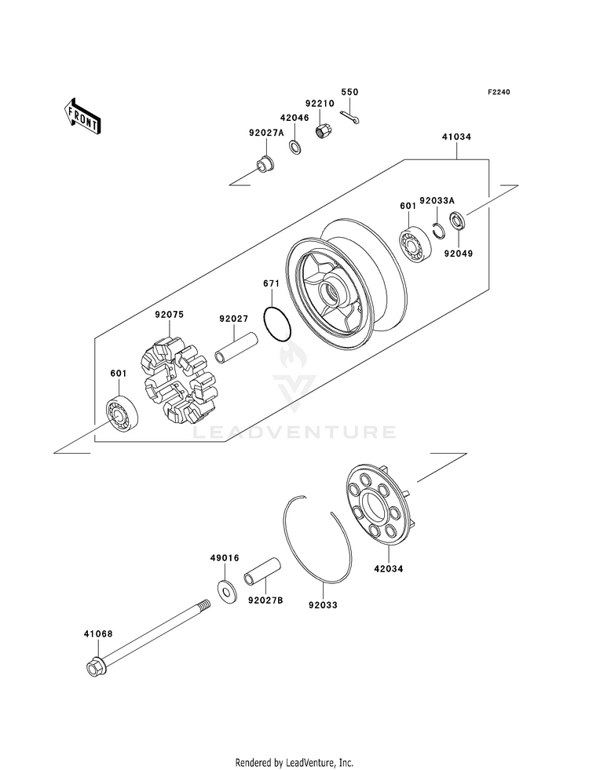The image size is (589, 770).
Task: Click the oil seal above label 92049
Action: tap(457, 220)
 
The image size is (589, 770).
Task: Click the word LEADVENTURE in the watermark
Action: tap(295, 432)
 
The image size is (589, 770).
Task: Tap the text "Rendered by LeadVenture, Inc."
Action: tap(294, 761)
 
